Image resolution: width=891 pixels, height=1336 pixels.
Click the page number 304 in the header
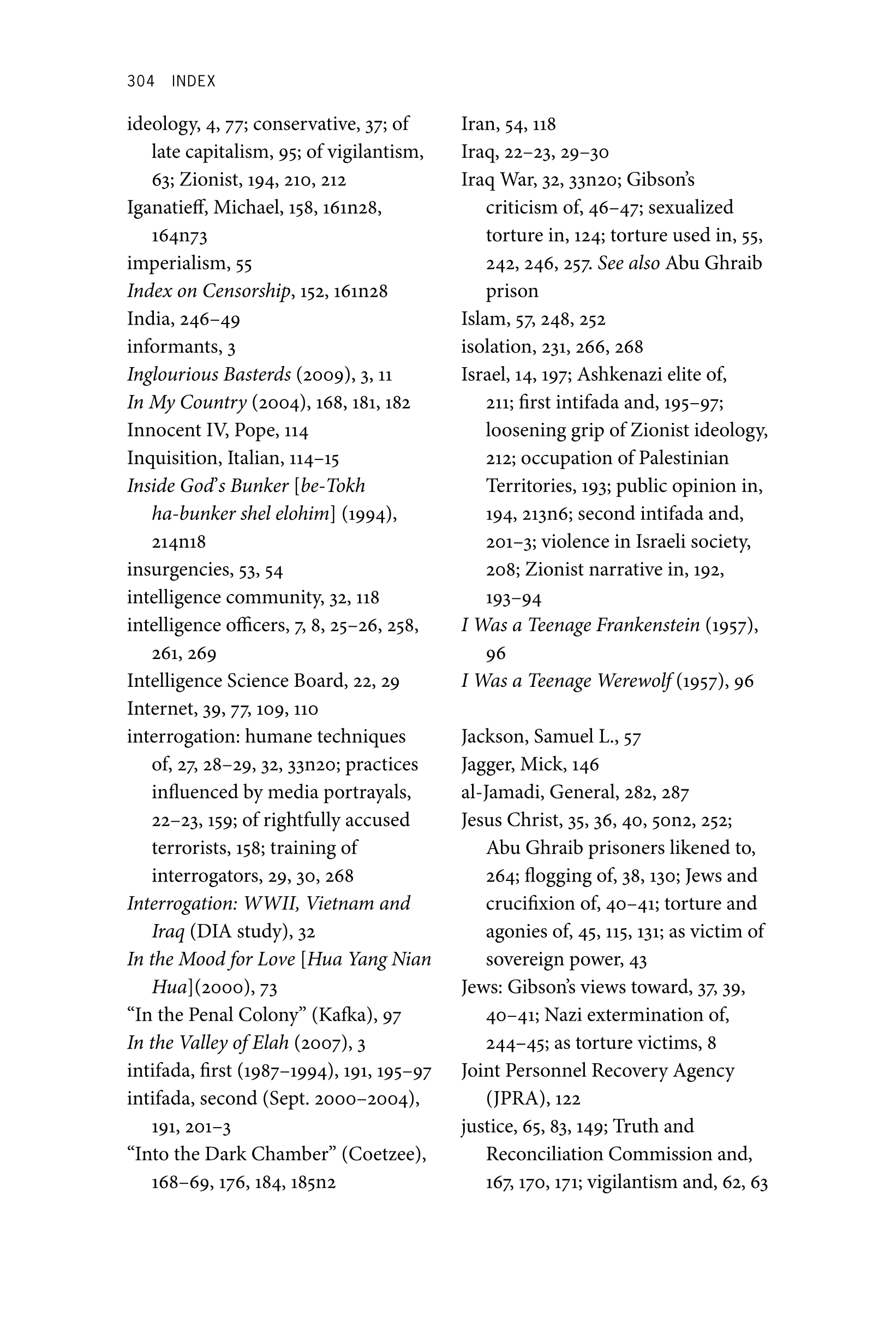tap(140, 81)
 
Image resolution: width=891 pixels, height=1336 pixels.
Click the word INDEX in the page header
tap(193, 81)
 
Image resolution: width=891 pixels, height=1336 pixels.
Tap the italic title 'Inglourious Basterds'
tap(208, 374)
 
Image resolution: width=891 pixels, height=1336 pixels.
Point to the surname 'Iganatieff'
tap(168, 207)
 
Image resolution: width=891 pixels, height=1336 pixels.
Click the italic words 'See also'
tap(629, 263)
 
